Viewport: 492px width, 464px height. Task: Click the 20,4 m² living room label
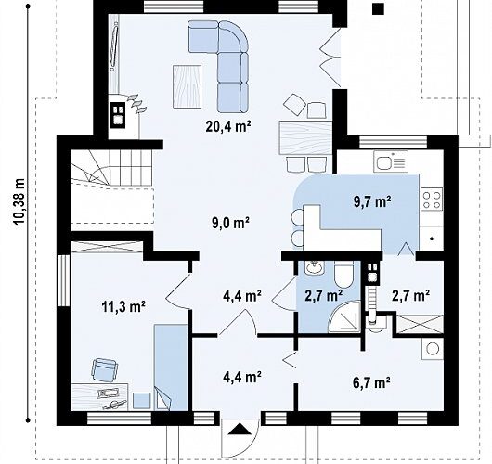[228, 126]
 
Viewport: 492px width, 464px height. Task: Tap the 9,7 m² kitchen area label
[372, 201]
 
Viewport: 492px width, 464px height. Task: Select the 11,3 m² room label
[123, 306]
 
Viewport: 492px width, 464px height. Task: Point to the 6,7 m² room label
[372, 382]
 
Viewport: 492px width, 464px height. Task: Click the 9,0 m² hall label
[230, 223]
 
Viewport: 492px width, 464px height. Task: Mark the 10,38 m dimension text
[19, 201]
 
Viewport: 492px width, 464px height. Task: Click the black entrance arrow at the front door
[240, 429]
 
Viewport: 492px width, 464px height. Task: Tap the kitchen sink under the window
[391, 161]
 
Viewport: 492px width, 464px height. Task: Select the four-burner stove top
[432, 199]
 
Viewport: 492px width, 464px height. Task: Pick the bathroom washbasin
[315, 266]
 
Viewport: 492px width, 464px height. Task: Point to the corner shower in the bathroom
[344, 316]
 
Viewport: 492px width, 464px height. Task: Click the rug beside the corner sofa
[187, 86]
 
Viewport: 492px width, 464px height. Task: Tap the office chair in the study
[105, 370]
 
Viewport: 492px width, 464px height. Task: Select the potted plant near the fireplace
[136, 104]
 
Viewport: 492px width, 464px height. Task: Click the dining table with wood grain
[305, 137]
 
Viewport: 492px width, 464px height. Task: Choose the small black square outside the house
[379, 9]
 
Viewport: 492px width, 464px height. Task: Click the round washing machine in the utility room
[433, 349]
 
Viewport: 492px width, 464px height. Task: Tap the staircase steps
[112, 169]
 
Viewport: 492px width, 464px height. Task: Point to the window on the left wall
[63, 280]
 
